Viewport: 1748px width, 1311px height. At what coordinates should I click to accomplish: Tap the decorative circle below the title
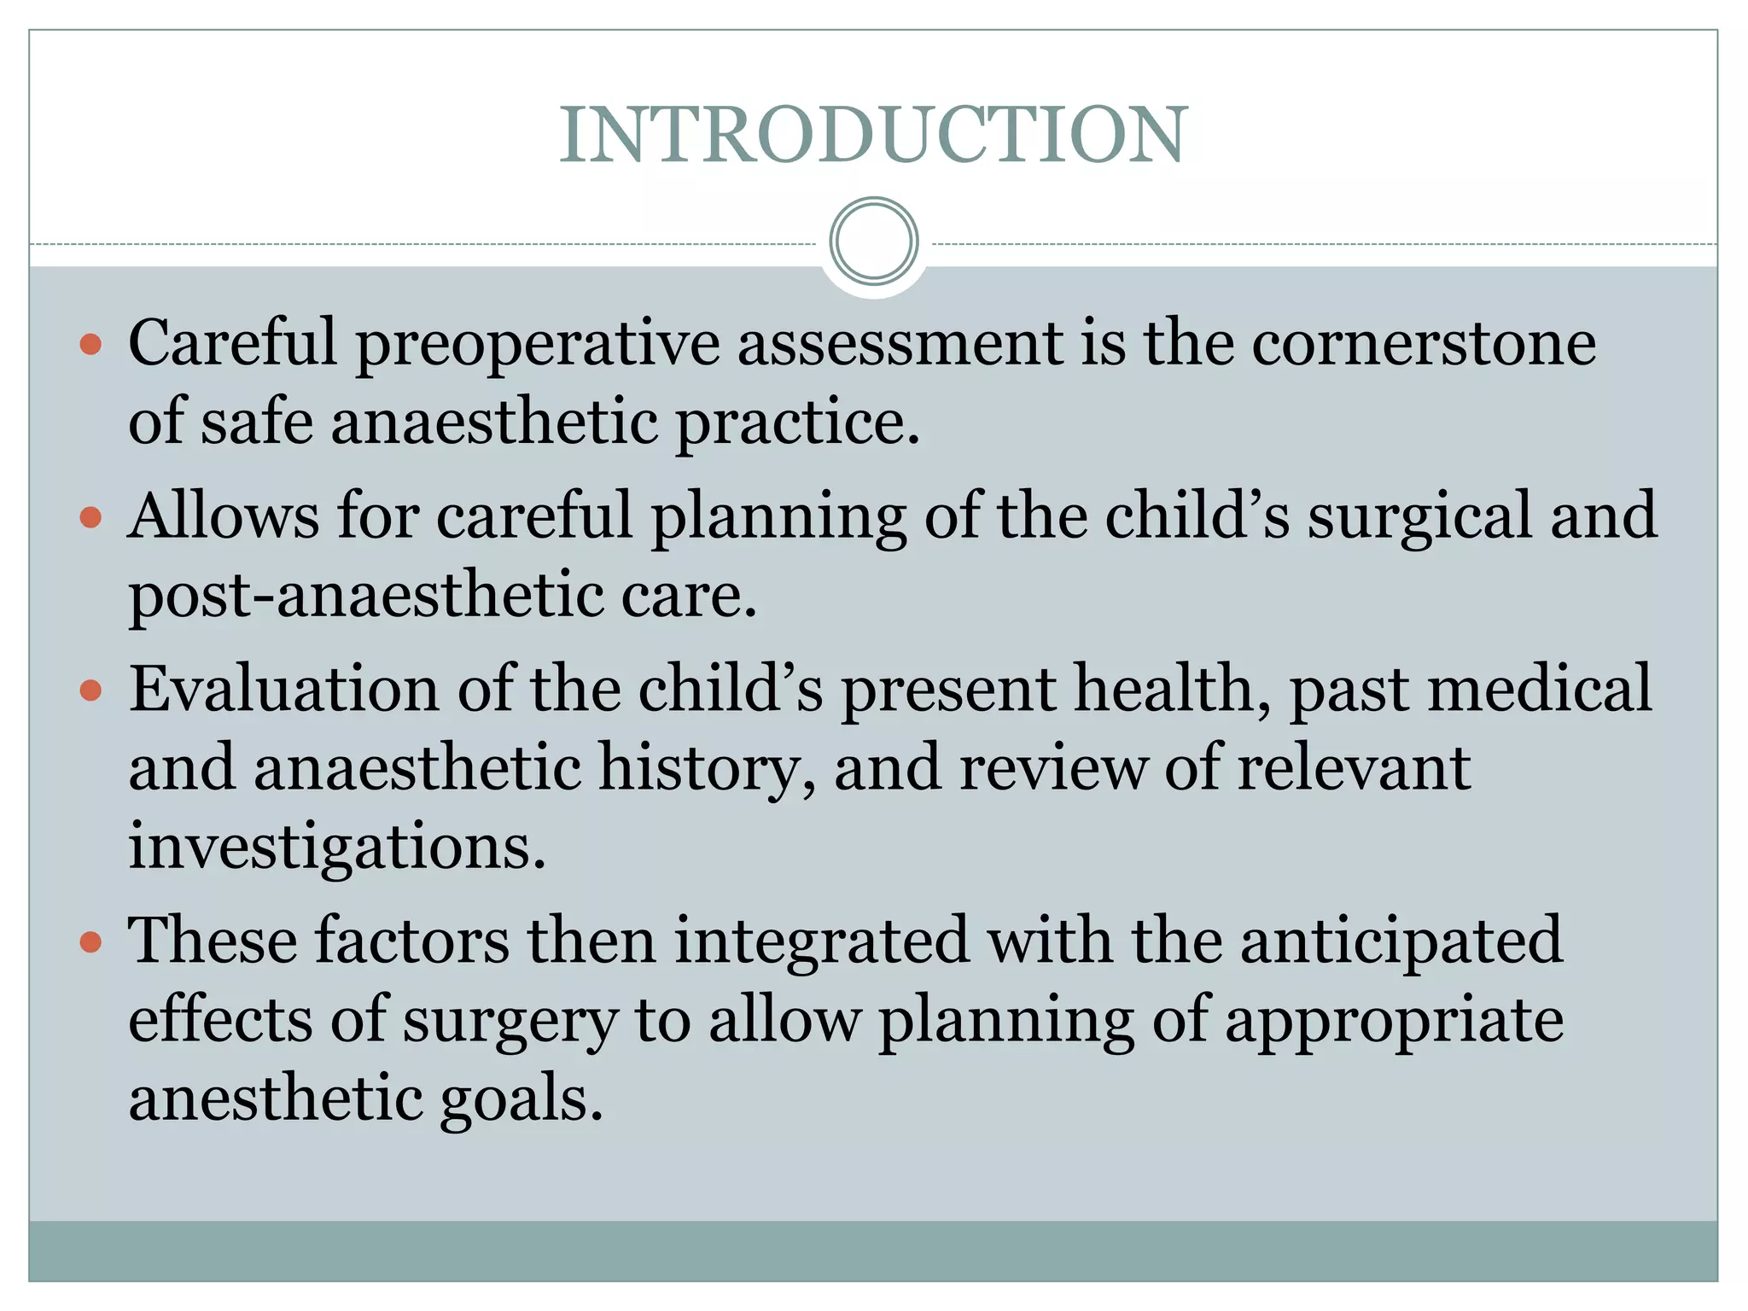(873, 242)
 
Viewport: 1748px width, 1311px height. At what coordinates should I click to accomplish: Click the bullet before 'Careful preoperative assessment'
(90, 345)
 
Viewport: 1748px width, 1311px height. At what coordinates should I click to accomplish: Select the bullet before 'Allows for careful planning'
(90, 518)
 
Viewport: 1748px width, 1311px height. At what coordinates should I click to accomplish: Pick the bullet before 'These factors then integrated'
(90, 942)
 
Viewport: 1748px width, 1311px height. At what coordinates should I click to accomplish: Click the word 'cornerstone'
(1424, 343)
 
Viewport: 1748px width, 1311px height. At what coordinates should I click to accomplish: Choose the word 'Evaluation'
(283, 689)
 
